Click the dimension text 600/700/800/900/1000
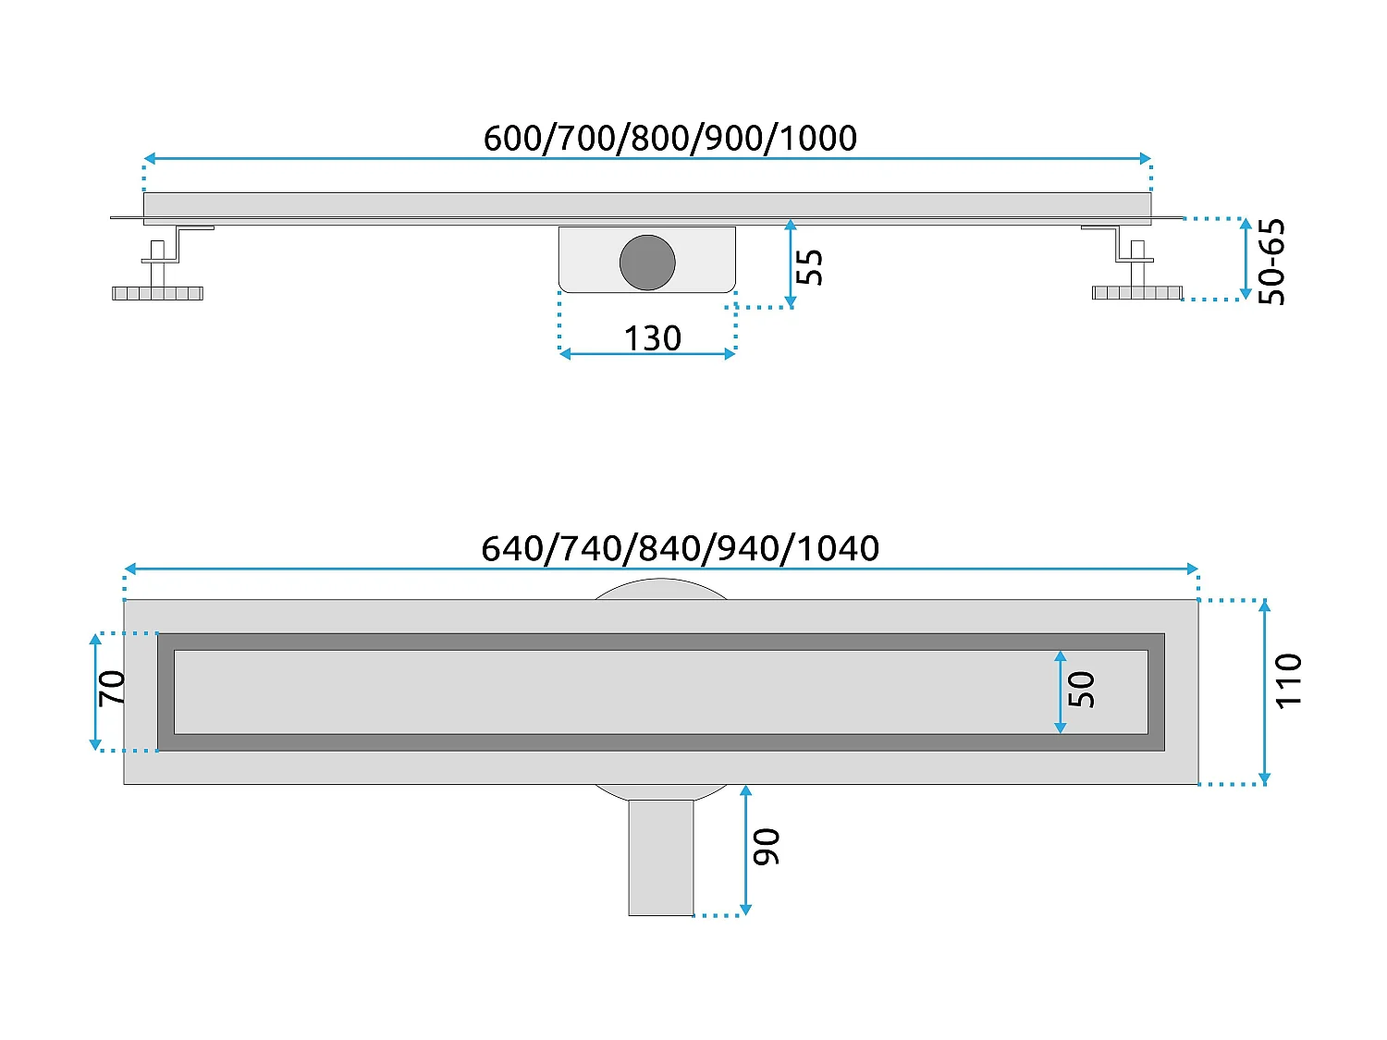(x=669, y=139)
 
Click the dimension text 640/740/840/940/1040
(x=680, y=549)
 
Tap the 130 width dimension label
(x=652, y=338)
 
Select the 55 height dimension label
(x=809, y=267)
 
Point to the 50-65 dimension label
(x=1272, y=262)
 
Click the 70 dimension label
(x=113, y=688)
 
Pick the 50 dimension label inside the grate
(x=1081, y=690)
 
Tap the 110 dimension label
(x=1288, y=681)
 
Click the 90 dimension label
(x=767, y=847)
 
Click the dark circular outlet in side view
(x=647, y=263)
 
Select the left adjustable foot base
(x=157, y=293)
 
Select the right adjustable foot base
(x=1136, y=293)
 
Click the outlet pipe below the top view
(x=660, y=857)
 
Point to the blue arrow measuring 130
(x=647, y=354)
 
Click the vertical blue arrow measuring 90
(x=745, y=850)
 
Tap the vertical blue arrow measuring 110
(x=1264, y=691)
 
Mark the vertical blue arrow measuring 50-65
(x=1246, y=259)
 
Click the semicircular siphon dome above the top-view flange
(x=660, y=589)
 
